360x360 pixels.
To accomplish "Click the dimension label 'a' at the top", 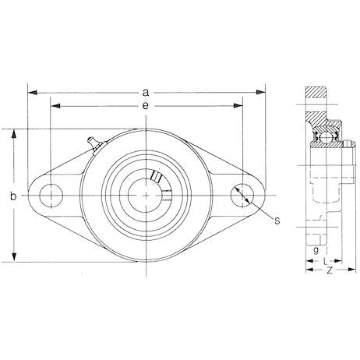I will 146,91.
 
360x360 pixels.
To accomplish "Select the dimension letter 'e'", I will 146,104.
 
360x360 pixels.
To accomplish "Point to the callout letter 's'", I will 276,221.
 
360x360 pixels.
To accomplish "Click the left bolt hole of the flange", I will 51,193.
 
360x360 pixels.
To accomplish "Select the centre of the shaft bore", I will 146,193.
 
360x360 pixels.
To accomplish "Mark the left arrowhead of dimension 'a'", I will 31,91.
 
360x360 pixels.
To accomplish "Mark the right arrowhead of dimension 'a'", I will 261,91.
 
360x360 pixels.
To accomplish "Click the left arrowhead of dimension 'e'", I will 53,104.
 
